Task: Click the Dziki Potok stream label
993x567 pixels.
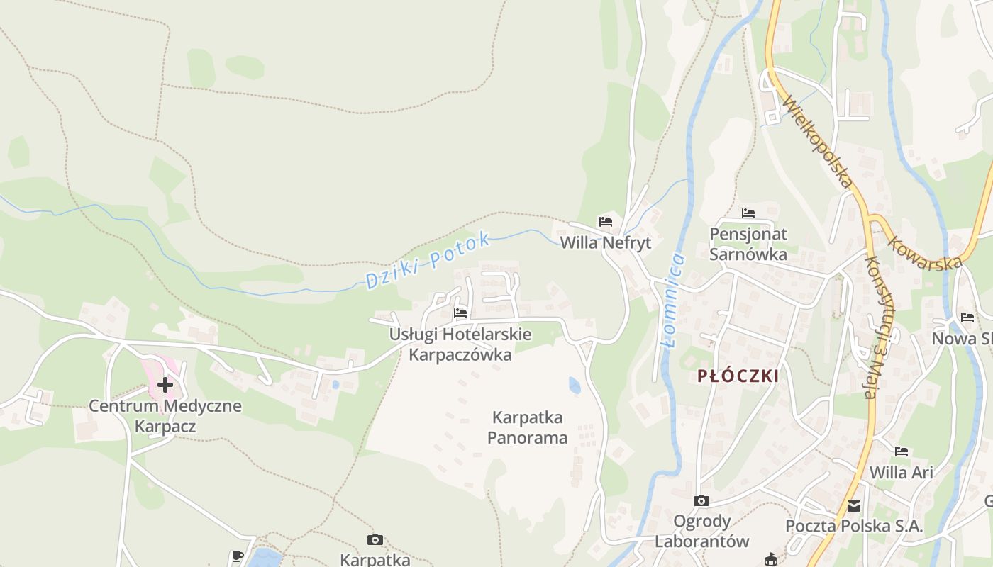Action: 428,261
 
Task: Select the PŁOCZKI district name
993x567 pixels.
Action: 738,376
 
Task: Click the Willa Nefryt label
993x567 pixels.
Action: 605,242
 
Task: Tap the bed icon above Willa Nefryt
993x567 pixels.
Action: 605,221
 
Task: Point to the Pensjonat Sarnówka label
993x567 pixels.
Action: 748,244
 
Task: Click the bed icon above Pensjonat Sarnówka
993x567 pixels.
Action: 748,213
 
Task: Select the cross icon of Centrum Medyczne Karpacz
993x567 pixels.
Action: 165,385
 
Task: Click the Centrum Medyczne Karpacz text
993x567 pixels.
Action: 165,416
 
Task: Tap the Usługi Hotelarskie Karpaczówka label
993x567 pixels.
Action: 460,344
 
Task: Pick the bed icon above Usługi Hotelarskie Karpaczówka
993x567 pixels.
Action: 460,313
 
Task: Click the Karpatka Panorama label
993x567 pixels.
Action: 528,427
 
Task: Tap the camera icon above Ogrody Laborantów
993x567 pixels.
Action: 701,501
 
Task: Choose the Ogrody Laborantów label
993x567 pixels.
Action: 701,532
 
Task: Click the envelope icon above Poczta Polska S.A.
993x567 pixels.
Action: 854,506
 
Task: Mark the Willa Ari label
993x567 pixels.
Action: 901,472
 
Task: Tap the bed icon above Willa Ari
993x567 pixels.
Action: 901,451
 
